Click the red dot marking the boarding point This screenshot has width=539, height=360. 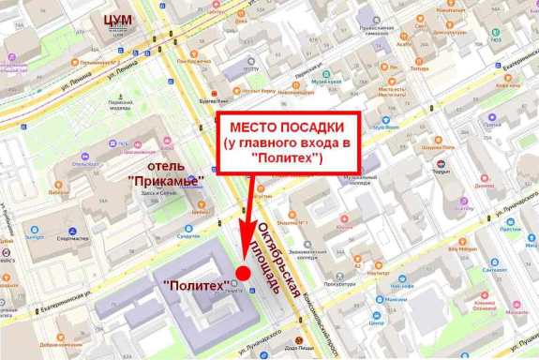pyautogui.click(x=242, y=274)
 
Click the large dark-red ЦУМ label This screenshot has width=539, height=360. pyautogui.click(x=120, y=20)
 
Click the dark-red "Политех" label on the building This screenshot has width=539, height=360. pyautogui.click(x=196, y=284)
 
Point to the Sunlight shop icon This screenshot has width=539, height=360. pyautogui.click(x=33, y=228)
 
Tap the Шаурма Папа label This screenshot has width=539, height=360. pyautogui.click(x=437, y=147)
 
